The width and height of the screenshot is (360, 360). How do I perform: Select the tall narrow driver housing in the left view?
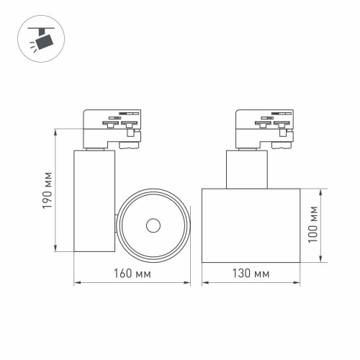94,202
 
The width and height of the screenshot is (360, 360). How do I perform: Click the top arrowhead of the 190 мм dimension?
56,132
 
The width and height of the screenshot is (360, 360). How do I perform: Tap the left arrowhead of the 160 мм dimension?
77,284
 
